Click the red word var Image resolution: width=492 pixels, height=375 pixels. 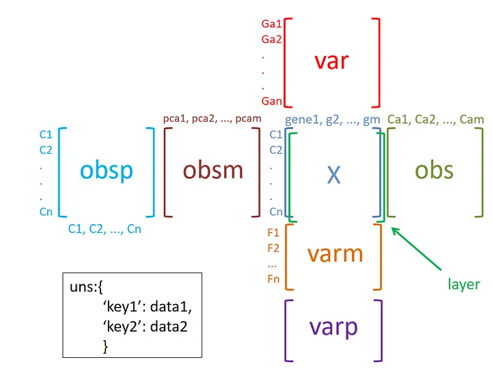coord(331,61)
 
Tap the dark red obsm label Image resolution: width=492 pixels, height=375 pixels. coord(213,171)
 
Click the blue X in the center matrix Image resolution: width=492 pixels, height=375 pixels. coord(333,174)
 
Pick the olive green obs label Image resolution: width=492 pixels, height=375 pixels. coord(434,171)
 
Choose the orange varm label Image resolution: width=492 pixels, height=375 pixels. coord(335,253)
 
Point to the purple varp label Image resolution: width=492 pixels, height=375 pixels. coord(333,329)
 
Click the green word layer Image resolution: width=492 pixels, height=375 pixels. coord(464,285)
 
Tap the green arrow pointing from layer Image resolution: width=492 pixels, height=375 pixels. coord(416,249)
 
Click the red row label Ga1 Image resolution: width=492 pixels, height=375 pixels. coord(271,24)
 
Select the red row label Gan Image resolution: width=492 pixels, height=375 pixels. coord(271,101)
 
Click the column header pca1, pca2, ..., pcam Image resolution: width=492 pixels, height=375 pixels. coord(212,119)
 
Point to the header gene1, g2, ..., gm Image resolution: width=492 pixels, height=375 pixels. coord(332,120)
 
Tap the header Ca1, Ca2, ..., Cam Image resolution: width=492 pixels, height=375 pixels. coord(435,120)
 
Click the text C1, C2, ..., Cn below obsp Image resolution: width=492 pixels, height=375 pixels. coord(105,230)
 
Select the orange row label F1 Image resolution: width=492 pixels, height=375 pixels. coord(273,233)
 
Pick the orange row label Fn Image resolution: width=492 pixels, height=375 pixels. coord(273,279)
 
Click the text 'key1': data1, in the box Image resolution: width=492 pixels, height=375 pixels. coord(147,307)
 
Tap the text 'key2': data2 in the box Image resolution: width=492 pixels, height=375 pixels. coord(145,327)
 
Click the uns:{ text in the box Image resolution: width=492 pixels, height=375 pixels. coord(86,287)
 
